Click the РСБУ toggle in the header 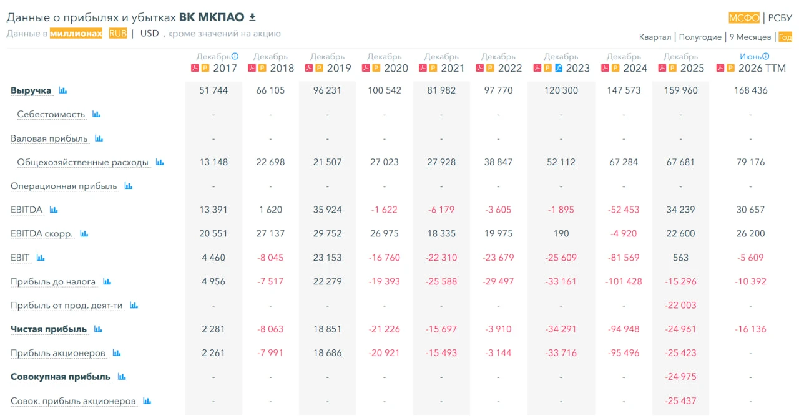tap(780, 18)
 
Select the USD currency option tap(149, 34)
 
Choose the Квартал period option tap(655, 37)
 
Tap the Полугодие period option tap(700, 37)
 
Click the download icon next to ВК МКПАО tap(252, 17)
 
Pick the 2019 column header tap(339, 68)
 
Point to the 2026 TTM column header tap(762, 68)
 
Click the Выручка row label tap(31, 90)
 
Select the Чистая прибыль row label tap(49, 329)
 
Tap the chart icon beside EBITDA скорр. tap(84, 233)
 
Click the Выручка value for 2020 tap(384, 90)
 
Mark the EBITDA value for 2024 tap(624, 210)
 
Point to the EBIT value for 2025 tap(680, 258)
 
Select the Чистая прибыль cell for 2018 tap(270, 329)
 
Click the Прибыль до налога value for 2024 tap(624, 282)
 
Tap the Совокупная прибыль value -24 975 tap(680, 377)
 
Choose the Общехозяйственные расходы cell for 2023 tap(561, 162)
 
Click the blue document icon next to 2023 tap(559, 68)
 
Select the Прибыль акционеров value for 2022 tap(498, 353)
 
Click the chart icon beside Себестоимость tap(96, 114)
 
